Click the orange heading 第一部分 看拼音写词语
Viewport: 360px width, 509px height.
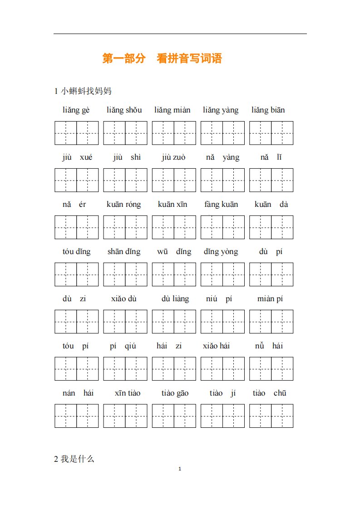(x=162, y=59)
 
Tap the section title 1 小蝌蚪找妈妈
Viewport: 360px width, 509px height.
(x=83, y=91)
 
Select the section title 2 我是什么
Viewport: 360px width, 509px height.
(x=74, y=459)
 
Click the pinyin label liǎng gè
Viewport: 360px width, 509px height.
(x=76, y=110)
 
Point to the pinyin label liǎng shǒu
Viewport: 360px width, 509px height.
(x=124, y=110)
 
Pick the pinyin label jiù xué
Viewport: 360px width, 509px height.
(x=77, y=157)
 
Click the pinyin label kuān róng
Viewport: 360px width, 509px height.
(x=124, y=205)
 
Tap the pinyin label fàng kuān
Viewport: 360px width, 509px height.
(x=221, y=205)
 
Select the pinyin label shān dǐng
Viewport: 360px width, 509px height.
(x=124, y=252)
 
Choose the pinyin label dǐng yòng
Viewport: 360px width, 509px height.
(x=221, y=252)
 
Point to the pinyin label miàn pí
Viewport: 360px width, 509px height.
(x=270, y=299)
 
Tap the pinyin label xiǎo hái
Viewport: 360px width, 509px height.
(x=217, y=346)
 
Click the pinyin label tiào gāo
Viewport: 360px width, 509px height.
(x=175, y=393)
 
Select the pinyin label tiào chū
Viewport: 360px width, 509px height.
(x=270, y=393)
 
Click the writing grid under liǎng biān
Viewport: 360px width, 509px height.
(x=271, y=133)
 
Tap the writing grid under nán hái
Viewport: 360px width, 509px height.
(x=77, y=416)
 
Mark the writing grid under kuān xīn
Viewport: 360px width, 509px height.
(x=174, y=227)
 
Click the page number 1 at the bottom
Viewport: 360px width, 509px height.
(x=180, y=469)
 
